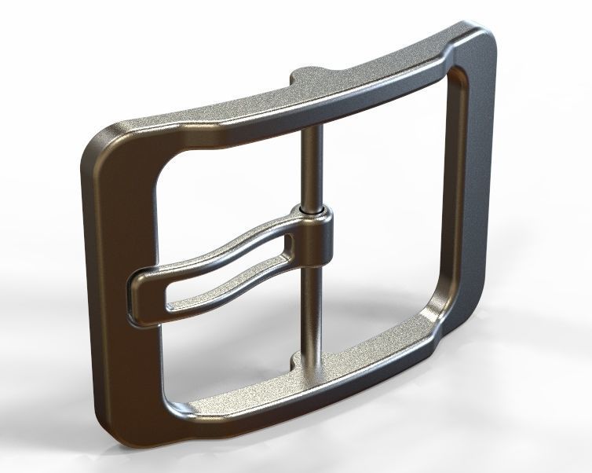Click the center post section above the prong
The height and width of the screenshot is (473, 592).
click(x=311, y=165)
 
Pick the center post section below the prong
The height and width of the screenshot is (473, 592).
click(x=313, y=314)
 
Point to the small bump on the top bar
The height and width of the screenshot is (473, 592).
click(x=302, y=77)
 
